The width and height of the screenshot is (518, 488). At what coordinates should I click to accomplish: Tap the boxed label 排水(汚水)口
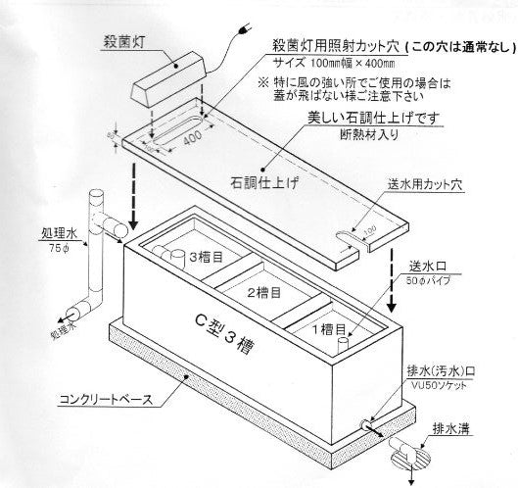click(449, 373)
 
